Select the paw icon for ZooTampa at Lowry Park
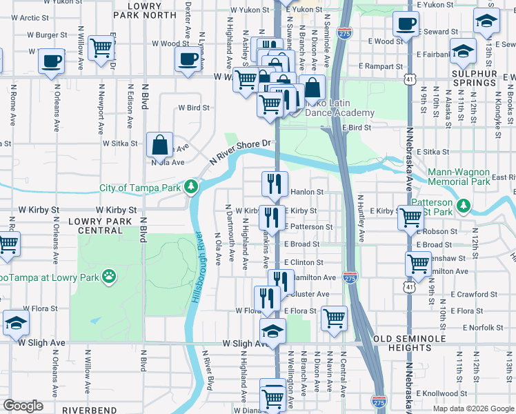(x=109, y=277)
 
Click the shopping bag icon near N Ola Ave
(x=160, y=146)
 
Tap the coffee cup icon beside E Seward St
(x=406, y=23)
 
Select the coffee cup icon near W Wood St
(x=188, y=59)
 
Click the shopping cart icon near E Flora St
(x=335, y=318)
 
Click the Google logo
(x=23, y=405)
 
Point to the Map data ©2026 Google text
(x=473, y=408)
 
